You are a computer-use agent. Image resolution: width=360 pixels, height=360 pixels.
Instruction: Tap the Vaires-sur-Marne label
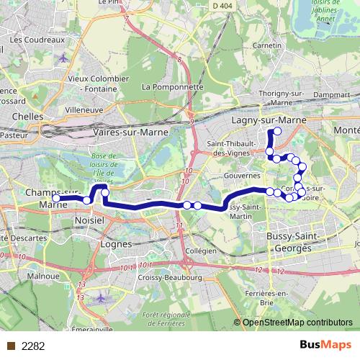(x=130, y=133)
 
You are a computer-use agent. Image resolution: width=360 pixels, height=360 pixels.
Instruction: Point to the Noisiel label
(x=89, y=223)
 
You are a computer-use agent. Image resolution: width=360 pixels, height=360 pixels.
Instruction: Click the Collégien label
(x=201, y=251)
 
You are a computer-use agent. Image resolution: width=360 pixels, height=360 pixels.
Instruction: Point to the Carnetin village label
(x=266, y=45)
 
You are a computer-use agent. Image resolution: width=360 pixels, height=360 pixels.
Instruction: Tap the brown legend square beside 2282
(x=10, y=346)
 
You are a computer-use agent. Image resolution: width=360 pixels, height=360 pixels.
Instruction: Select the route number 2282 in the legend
(x=33, y=346)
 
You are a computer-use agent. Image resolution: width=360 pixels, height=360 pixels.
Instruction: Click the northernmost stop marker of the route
(x=277, y=131)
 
